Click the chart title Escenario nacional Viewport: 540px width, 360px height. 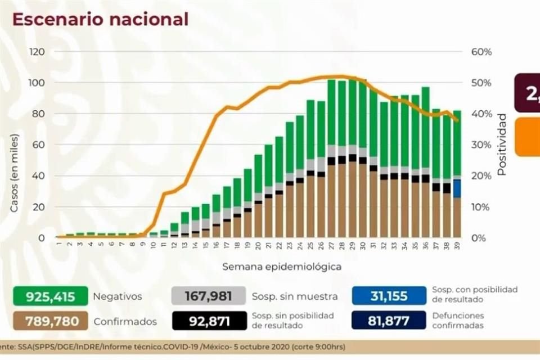coord(100,19)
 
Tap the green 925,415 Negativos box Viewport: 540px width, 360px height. coord(51,296)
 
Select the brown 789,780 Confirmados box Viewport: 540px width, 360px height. coord(51,321)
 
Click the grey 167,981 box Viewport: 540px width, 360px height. coord(209,296)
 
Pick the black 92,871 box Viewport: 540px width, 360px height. coord(209,321)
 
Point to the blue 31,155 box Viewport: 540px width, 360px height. coord(389,296)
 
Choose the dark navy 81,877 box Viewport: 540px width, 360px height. coord(389,321)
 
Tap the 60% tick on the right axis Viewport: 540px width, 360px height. coord(481,52)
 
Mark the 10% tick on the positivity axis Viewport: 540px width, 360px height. coord(481,207)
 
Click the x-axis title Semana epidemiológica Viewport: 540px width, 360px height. coord(281,266)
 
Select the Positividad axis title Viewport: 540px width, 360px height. coord(502,145)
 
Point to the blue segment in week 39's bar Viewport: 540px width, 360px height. coord(457,188)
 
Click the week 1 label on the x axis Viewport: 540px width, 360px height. coord(58,246)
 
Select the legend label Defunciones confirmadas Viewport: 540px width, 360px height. coord(458,321)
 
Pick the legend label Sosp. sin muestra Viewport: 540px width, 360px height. coord(295,296)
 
